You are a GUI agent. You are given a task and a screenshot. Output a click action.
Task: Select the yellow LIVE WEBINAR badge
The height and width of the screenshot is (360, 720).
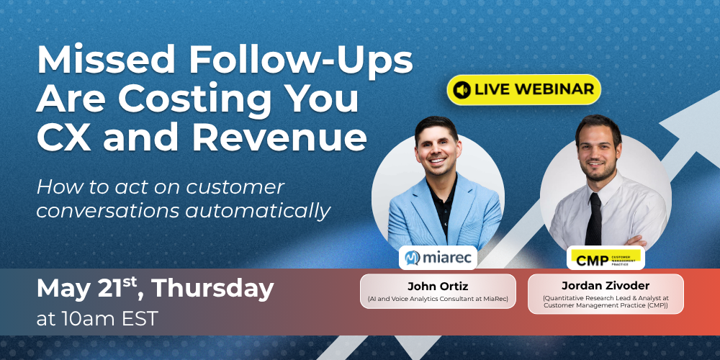(x=523, y=89)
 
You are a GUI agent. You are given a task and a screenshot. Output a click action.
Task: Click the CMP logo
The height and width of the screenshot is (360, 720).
(x=606, y=258)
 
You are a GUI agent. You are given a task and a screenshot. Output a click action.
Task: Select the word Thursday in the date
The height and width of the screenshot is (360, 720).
(x=213, y=289)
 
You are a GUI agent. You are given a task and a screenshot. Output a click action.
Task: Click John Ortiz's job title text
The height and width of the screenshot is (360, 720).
(x=438, y=299)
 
